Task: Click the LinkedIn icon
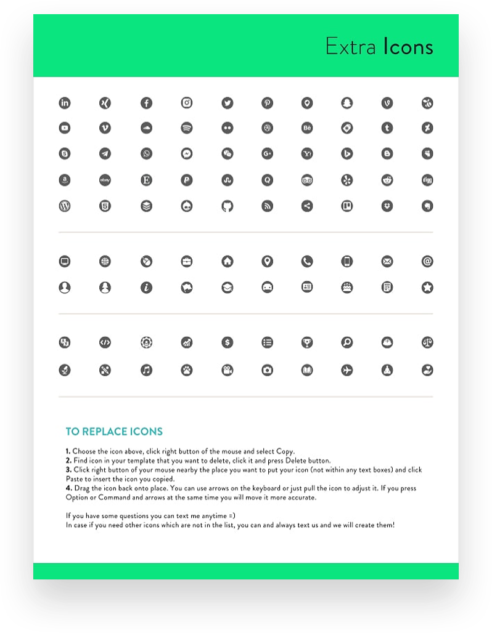65,103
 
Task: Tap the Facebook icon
146,103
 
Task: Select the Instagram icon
187,103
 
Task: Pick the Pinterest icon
267,103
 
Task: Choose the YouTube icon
65,128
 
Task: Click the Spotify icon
187,128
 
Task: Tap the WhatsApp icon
146,153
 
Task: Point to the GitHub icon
228,206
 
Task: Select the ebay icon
105,180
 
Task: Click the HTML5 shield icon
105,206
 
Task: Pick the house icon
228,262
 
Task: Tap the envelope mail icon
387,262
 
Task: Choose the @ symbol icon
427,262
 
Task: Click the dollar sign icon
228,342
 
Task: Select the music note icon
146,370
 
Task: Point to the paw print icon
187,370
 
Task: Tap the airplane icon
347,370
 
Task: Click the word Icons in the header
408,47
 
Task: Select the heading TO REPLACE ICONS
114,432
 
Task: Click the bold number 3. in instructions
68,470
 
